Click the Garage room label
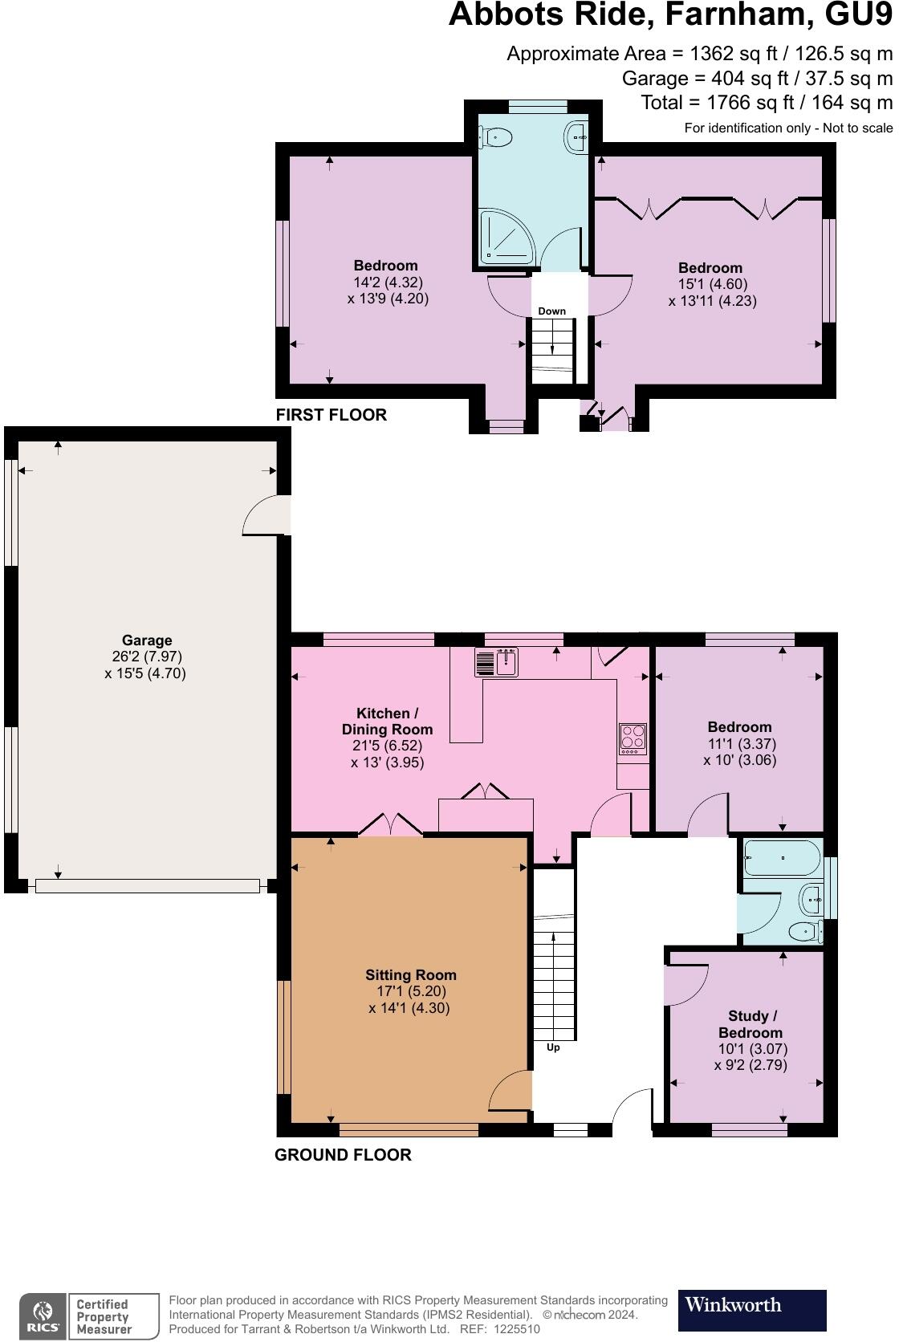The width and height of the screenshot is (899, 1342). pyautogui.click(x=147, y=640)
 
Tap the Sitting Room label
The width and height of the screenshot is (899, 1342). pyautogui.click(x=410, y=975)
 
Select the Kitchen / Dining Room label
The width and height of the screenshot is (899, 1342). pyautogui.click(x=387, y=722)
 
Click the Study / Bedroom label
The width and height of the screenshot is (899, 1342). pyautogui.click(x=750, y=1025)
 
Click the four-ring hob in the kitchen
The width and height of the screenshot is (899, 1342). pyautogui.click(x=633, y=738)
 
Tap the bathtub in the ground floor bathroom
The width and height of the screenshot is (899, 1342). pyautogui.click(x=781, y=858)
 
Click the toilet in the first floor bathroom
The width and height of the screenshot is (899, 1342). pyautogui.click(x=494, y=138)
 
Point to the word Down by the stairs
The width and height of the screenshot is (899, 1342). pyautogui.click(x=551, y=311)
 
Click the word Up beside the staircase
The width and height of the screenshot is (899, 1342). pyautogui.click(x=553, y=1047)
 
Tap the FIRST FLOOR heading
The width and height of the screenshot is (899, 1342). pyautogui.click(x=331, y=415)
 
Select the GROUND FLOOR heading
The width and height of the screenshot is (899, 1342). pyautogui.click(x=343, y=1155)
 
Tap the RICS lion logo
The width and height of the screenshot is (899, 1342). pyautogui.click(x=43, y=1316)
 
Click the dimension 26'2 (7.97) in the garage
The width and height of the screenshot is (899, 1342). pyautogui.click(x=147, y=657)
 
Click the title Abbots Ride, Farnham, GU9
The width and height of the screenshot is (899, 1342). pyautogui.click(x=669, y=16)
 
